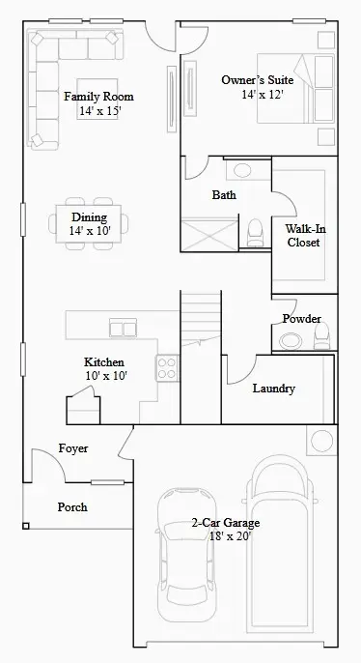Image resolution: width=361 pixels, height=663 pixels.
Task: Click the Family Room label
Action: pyautogui.click(x=98, y=97)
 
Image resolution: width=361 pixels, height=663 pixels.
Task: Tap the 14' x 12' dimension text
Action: pyautogui.click(x=264, y=96)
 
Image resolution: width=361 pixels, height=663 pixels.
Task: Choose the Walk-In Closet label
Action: pyautogui.click(x=303, y=236)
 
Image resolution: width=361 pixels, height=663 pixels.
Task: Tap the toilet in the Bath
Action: pyautogui.click(x=255, y=232)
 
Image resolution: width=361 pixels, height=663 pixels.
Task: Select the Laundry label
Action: pyautogui.click(x=273, y=389)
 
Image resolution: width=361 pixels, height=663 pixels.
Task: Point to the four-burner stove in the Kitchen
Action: pyautogui.click(x=167, y=368)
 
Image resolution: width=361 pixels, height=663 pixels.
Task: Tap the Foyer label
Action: pyautogui.click(x=73, y=448)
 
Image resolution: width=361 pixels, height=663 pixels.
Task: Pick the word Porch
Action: pyautogui.click(x=72, y=506)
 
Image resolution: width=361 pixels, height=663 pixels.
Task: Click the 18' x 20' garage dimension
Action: pyautogui.click(x=225, y=535)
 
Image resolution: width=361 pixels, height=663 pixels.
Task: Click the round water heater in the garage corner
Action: pyautogui.click(x=320, y=441)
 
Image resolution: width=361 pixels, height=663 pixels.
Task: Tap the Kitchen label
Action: pyautogui.click(x=103, y=361)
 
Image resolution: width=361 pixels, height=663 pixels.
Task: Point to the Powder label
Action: pyautogui.click(x=301, y=319)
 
